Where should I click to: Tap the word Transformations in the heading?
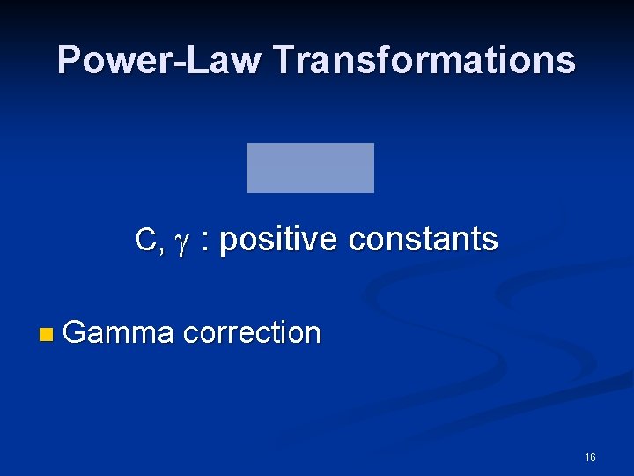pos(424,61)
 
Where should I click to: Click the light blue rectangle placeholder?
pos(310,167)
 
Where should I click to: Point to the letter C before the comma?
pos(145,240)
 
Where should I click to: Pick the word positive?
pos(278,240)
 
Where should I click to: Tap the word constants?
pos(424,239)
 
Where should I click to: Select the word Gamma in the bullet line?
pos(119,333)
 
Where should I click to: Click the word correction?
pos(253,333)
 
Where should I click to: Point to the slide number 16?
pos(589,457)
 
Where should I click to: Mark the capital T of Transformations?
pos(283,61)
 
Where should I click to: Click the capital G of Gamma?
pos(75,333)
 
